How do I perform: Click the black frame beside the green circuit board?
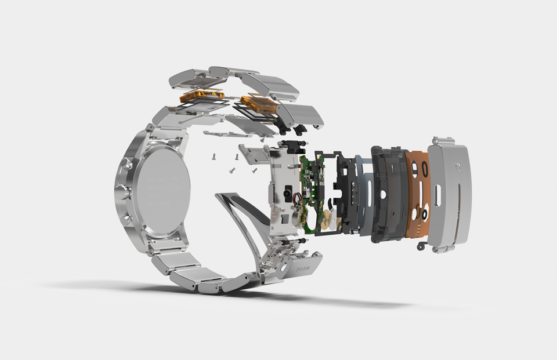click(346, 191)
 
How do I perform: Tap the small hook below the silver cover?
click(418, 248)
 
